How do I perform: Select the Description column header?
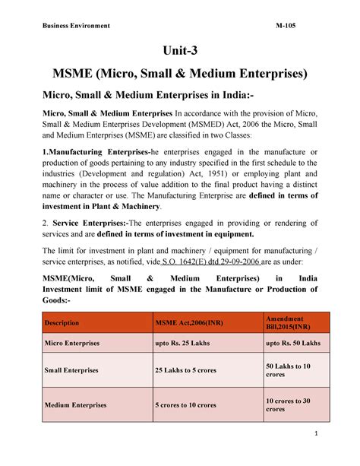coord(62,323)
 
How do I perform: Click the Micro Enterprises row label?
coord(71,344)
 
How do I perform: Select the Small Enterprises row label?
coord(71,370)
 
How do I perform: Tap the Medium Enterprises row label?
coord(74,404)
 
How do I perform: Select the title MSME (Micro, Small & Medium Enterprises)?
coord(179,74)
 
